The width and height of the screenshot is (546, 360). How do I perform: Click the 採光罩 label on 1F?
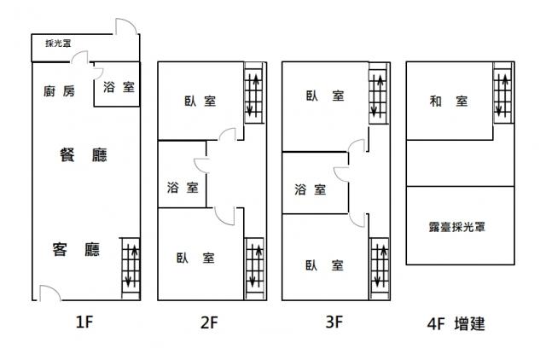click(58, 44)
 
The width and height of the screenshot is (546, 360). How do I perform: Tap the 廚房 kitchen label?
click(59, 91)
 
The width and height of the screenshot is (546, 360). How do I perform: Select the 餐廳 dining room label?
click(84, 155)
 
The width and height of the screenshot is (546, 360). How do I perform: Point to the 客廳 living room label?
click(76, 249)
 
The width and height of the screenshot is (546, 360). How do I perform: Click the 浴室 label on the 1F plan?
click(119, 87)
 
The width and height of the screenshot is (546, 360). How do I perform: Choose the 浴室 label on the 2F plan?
click(183, 188)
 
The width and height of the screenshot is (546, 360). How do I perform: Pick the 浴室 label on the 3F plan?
click(311, 189)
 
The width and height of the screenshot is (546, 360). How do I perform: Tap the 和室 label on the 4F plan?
click(449, 102)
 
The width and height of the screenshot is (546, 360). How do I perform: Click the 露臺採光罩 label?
click(457, 227)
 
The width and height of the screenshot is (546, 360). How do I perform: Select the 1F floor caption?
click(84, 322)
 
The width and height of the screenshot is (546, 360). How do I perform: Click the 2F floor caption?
click(209, 322)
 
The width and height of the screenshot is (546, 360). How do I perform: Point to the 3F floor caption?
click(334, 322)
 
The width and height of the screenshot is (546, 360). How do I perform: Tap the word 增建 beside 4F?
click(469, 324)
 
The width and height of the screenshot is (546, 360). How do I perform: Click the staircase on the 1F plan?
click(131, 269)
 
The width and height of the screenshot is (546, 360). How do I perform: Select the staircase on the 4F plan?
click(502, 92)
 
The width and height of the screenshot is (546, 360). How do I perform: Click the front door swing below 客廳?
click(50, 293)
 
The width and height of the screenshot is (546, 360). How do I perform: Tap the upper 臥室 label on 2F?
click(200, 102)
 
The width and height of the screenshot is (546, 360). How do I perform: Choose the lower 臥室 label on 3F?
click(324, 265)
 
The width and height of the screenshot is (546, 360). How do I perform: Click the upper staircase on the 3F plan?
click(378, 93)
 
